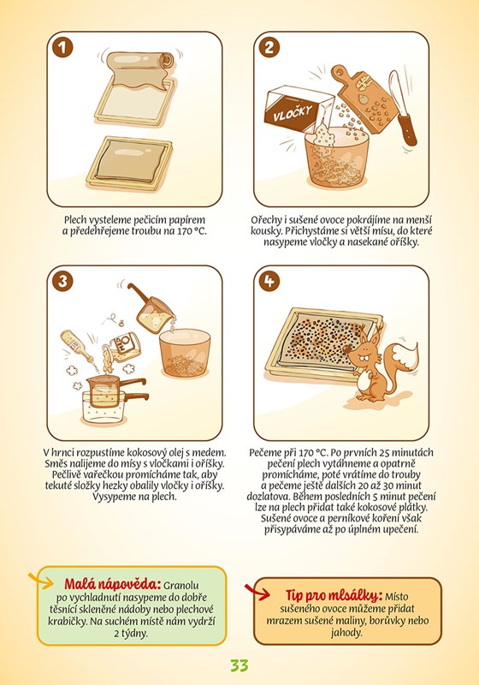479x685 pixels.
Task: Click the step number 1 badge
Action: pos(62,48)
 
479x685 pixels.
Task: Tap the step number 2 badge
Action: pos(269,47)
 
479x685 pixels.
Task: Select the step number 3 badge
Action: pos(62,281)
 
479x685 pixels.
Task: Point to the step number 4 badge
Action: pos(269,281)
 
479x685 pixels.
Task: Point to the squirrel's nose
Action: pos(346,349)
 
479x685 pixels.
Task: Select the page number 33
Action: pos(239,665)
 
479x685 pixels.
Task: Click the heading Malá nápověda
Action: pos(113,584)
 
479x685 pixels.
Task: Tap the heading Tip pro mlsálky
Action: pos(334,595)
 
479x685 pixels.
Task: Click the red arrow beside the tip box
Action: pos(257,592)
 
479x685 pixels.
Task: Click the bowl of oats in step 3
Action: pos(185,353)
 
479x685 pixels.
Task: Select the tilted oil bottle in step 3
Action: pos(77,346)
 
